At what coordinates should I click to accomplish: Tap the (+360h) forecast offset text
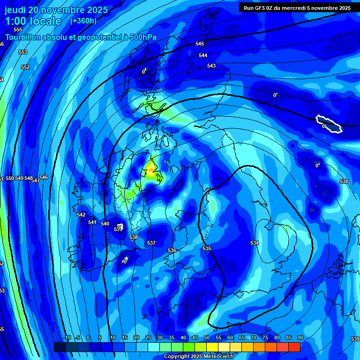coord(83,21)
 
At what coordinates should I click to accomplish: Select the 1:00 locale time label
coord(33,21)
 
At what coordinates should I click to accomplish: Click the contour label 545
coord(200,44)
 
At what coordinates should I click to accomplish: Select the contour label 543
coord(211,66)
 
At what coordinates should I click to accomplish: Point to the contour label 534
coord(255,243)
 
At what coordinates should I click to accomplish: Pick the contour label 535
coord(207,248)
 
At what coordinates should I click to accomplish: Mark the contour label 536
coord(172,251)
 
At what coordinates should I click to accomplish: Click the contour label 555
coord(18,30)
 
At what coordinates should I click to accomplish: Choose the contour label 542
coord(81,215)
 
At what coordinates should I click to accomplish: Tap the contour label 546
coord(44,177)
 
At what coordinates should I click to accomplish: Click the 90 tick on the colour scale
coord(300,337)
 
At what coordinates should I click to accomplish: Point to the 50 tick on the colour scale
coord(206,337)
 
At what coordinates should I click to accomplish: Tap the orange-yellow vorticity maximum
coord(151,167)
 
